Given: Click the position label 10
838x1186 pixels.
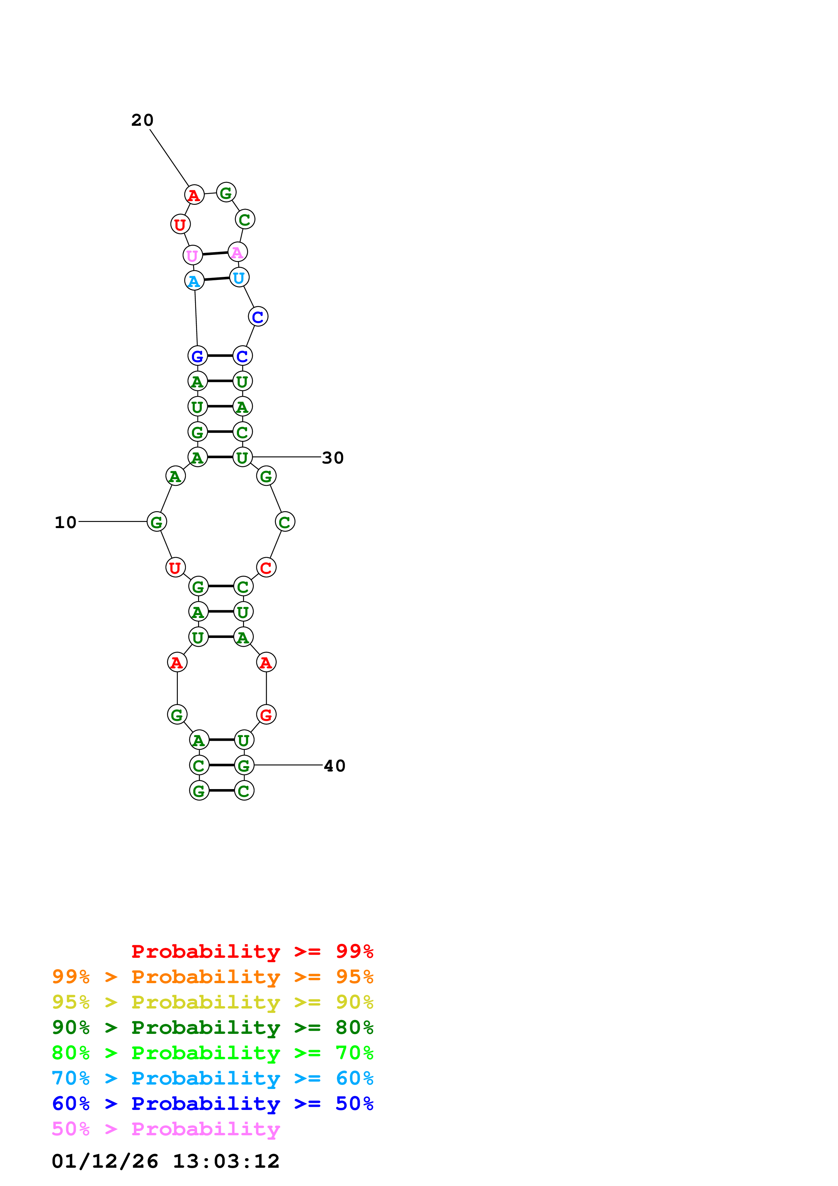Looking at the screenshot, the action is point(66,522).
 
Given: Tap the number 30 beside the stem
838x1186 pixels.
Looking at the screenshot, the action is point(333,458).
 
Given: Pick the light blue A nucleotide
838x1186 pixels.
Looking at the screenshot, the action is point(194,281).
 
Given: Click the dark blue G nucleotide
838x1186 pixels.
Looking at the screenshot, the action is point(197,356).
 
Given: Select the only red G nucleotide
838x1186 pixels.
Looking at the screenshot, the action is point(266,715).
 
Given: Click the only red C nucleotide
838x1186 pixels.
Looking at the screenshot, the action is point(266,568).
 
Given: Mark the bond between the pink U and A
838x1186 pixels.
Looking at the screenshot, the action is point(215,254).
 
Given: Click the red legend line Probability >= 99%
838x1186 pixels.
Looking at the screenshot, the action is point(252,951).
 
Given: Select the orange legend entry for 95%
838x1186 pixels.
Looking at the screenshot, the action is point(212,977).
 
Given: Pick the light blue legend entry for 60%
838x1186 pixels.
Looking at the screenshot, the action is point(212,1078).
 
